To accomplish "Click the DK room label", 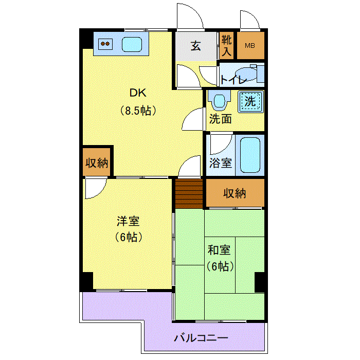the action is pyautogui.click(x=138, y=93).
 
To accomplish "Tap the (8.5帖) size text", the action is pyautogui.click(x=138, y=111).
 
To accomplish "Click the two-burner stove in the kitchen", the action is pyautogui.click(x=105, y=44).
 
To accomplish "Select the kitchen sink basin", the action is pyautogui.click(x=132, y=44).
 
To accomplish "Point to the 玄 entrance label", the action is pyautogui.click(x=196, y=46).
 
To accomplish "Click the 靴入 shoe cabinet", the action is pyautogui.click(x=226, y=45).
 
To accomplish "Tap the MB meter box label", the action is pyautogui.click(x=250, y=46).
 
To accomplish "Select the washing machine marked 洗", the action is pyautogui.click(x=250, y=101).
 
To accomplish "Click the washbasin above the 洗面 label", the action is pyautogui.click(x=219, y=100).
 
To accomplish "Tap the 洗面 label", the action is pyautogui.click(x=221, y=119).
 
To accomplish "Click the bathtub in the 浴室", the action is pyautogui.click(x=250, y=155).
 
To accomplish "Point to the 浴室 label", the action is pyautogui.click(x=221, y=163).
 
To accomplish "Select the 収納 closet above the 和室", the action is pyautogui.click(x=235, y=193).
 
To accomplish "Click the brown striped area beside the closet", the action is pyautogui.click(x=189, y=194).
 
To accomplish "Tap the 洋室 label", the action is pyautogui.click(x=128, y=221).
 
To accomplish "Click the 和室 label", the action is pyautogui.click(x=219, y=250).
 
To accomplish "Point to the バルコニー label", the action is pyautogui.click(x=201, y=338).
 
